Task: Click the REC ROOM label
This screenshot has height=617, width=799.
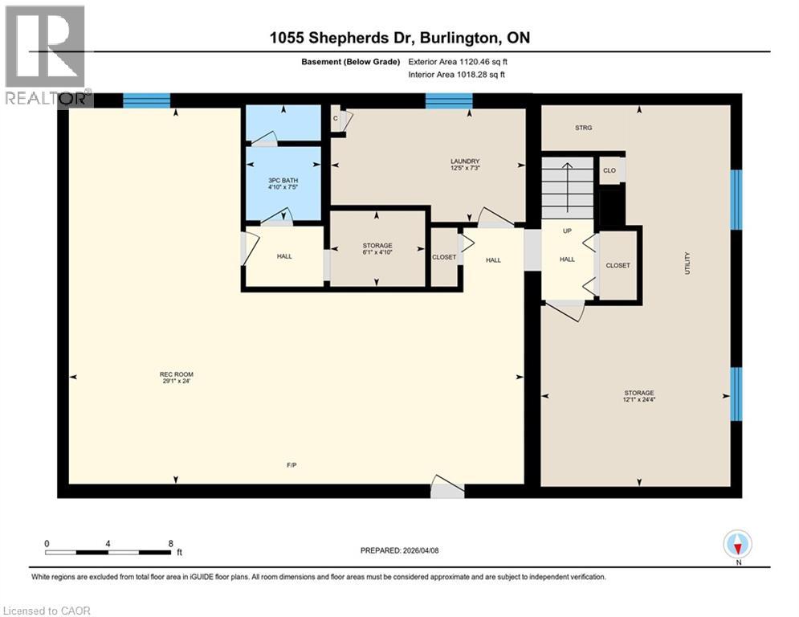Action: coord(176,374)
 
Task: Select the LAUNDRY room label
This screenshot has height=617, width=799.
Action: coord(465,161)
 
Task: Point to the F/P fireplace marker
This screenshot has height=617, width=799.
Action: coord(292,465)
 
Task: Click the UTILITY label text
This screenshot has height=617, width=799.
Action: coord(687,263)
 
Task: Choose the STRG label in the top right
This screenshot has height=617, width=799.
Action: coord(584,128)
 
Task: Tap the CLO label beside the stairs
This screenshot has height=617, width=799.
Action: coord(609,170)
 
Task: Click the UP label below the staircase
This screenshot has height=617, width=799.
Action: coord(567,231)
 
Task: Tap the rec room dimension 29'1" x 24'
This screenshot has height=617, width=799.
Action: coord(176,382)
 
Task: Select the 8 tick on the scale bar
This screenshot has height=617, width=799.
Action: coord(170,543)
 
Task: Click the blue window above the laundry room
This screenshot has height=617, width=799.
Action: coord(448,100)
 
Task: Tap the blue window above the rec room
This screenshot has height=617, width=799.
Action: coord(146,100)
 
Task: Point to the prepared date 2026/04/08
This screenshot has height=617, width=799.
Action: coord(399,550)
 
